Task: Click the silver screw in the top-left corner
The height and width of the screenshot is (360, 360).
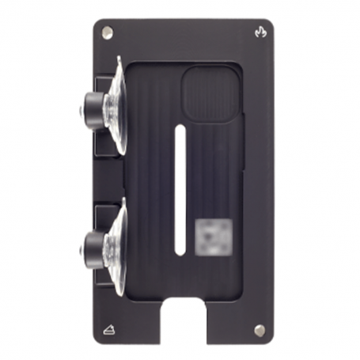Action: (x=108, y=32)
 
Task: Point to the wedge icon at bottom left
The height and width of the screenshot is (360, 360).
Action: (x=108, y=329)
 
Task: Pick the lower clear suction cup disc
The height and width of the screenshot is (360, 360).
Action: (x=116, y=243)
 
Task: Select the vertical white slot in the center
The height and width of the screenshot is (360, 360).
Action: (x=180, y=190)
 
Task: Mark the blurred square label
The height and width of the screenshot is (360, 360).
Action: (x=214, y=238)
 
